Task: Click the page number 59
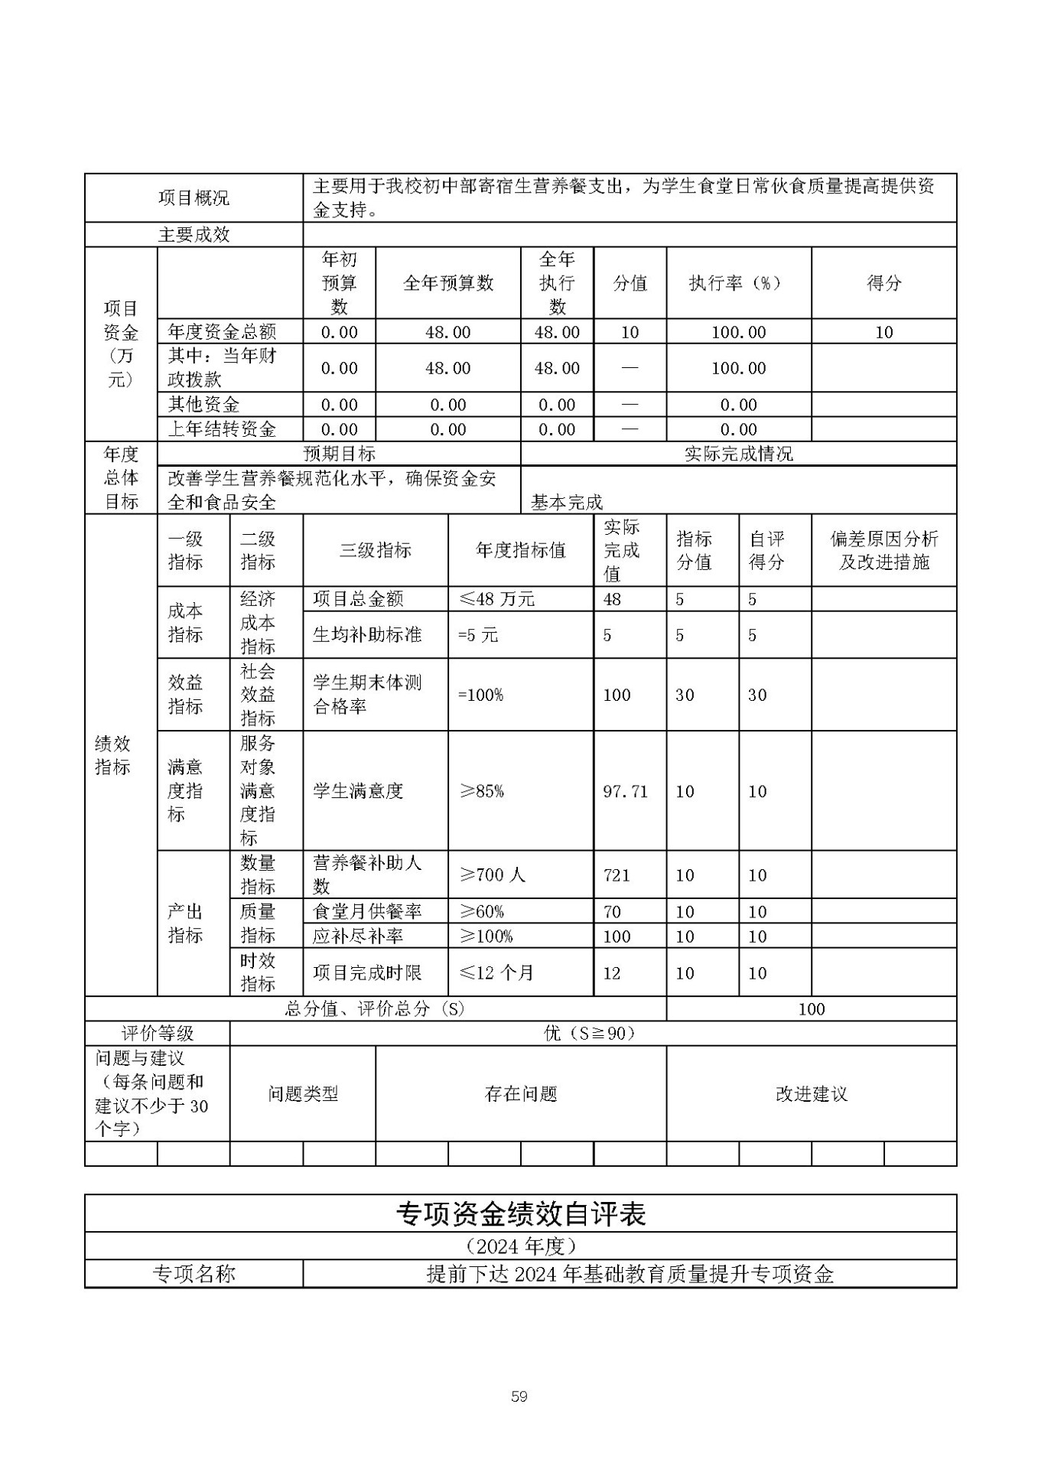(x=519, y=1396)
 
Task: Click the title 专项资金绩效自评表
(x=520, y=1214)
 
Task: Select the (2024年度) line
(x=520, y=1246)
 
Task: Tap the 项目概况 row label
(x=194, y=198)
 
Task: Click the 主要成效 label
(x=194, y=235)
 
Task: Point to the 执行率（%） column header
(x=738, y=283)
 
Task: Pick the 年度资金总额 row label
(x=222, y=331)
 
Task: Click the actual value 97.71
(x=625, y=791)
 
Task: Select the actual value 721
(x=617, y=875)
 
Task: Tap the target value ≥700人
(x=492, y=875)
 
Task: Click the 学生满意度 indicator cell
(x=358, y=791)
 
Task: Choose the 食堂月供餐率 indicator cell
(x=367, y=911)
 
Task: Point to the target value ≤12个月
(x=496, y=973)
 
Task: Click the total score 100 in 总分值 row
(x=811, y=1009)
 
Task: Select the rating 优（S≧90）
(x=589, y=1034)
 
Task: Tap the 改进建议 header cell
(x=811, y=1094)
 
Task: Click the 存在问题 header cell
(x=520, y=1094)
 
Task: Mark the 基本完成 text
(x=567, y=503)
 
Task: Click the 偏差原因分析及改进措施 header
(x=883, y=551)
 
